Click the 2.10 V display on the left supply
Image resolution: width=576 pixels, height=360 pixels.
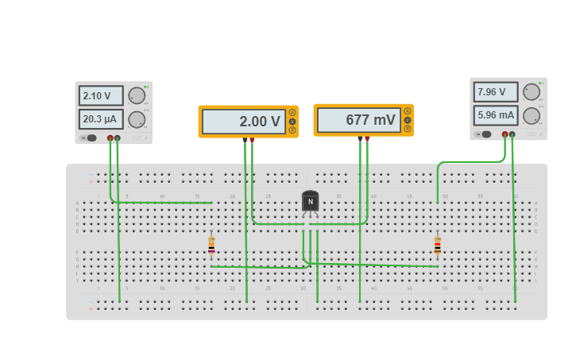tap(101, 96)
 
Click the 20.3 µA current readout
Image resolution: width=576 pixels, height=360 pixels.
tap(101, 119)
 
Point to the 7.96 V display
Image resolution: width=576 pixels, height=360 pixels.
tap(496, 92)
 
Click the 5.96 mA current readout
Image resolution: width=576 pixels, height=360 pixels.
tap(496, 115)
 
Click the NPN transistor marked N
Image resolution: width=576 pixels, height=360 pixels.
tap(310, 202)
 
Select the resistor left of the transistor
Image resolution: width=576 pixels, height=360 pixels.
tap(211, 246)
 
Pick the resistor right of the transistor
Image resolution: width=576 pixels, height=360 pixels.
tap(437, 246)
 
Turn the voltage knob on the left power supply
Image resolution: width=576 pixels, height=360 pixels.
tap(137, 96)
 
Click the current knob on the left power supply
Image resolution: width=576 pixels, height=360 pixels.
tap(137, 119)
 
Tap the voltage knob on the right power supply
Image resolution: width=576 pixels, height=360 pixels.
tap(532, 92)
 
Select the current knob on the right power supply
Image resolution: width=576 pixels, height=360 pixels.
tap(532, 115)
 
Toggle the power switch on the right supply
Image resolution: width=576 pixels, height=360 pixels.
tap(485, 134)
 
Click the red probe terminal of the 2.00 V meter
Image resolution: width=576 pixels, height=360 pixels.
tap(252, 140)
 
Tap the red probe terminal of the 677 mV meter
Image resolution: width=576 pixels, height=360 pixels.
tap(367, 138)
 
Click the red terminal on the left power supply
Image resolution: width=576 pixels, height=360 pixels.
tap(110, 138)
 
